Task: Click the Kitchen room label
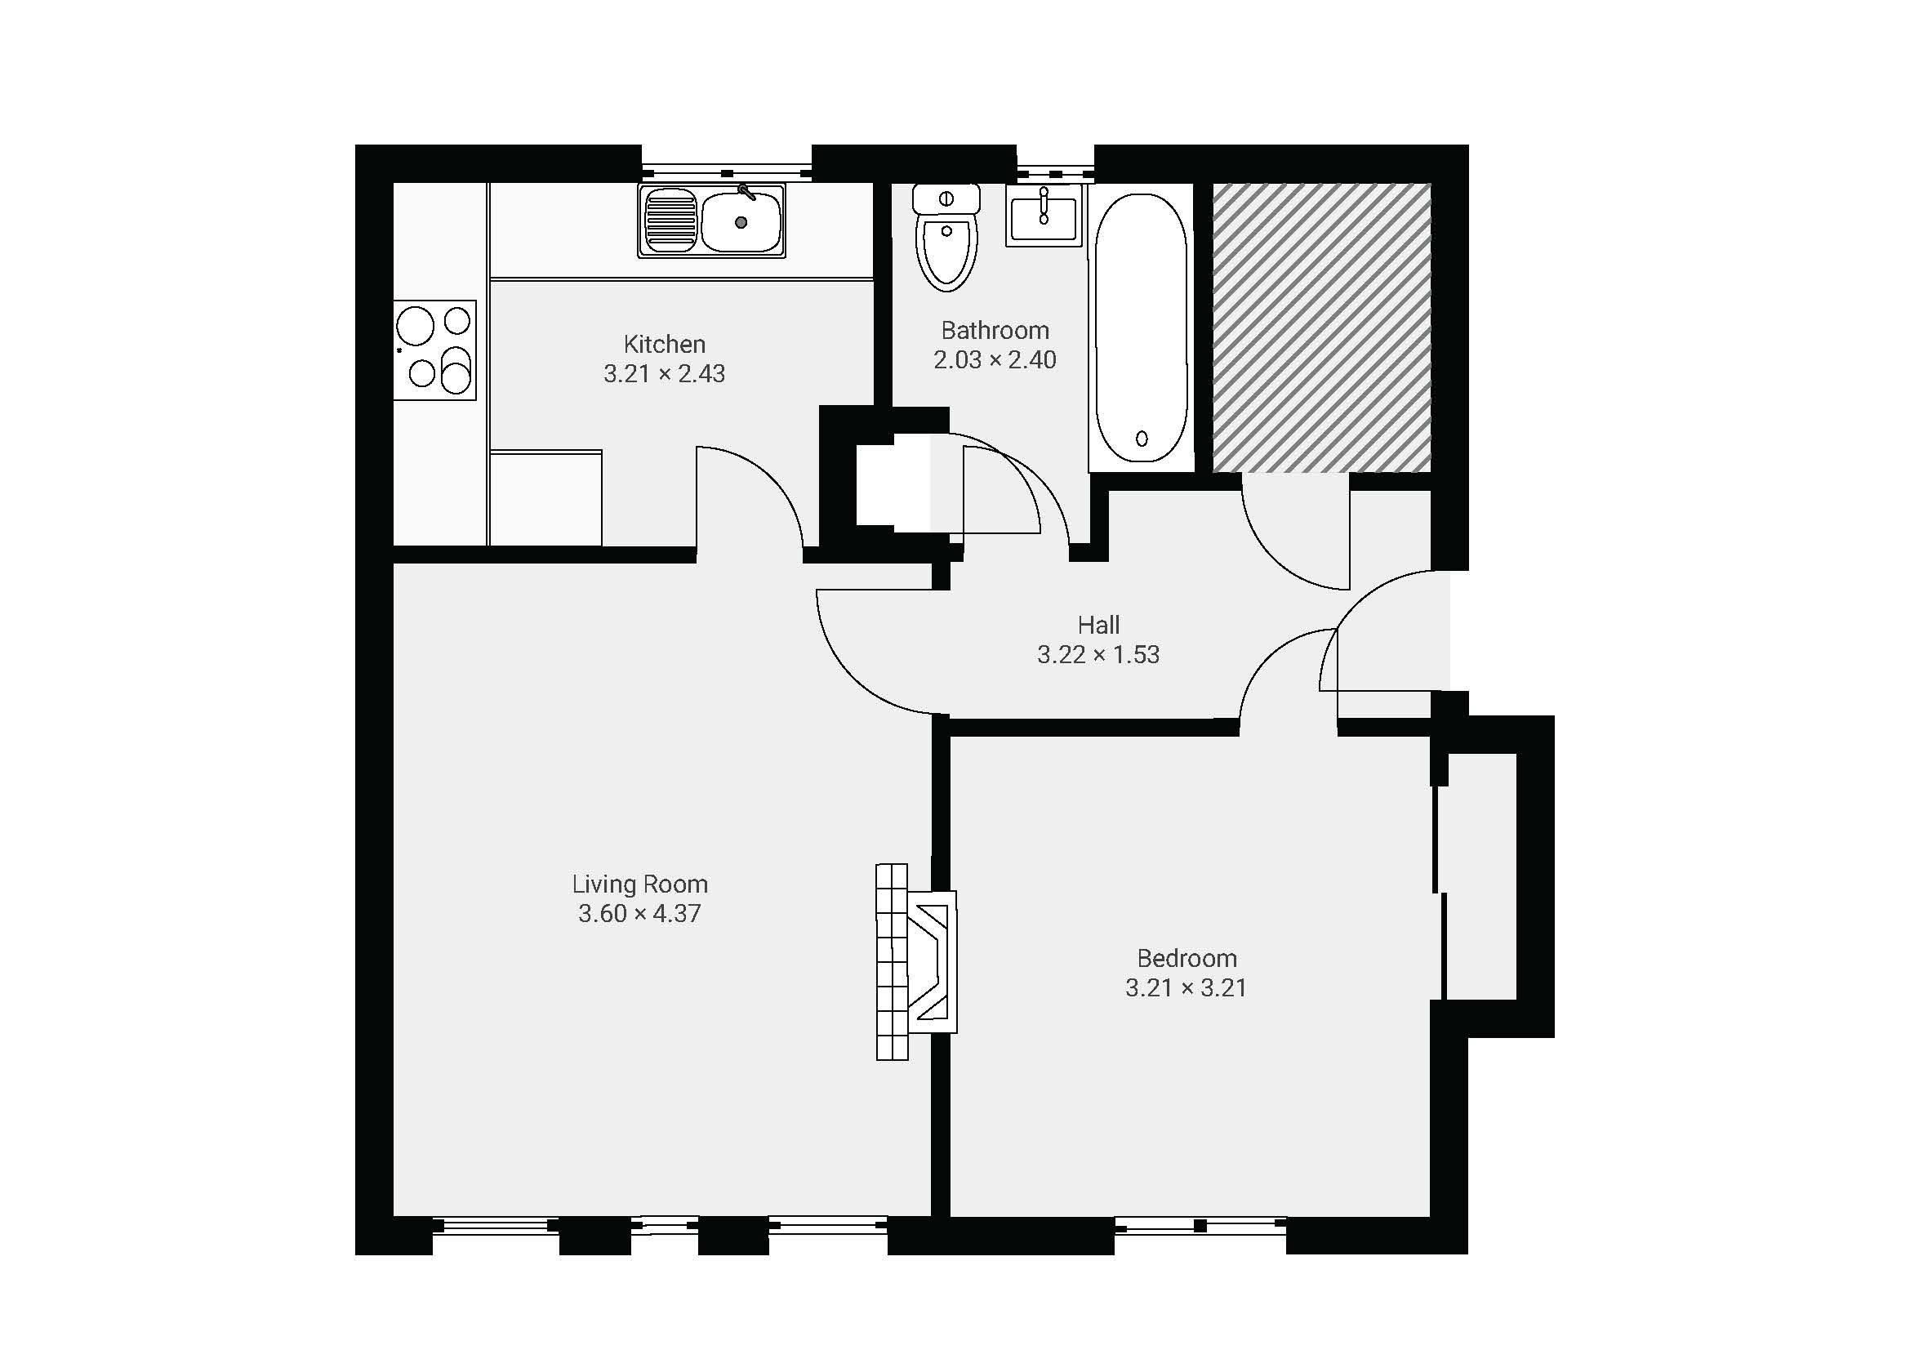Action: [x=664, y=344]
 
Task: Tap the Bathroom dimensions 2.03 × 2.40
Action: [x=994, y=359]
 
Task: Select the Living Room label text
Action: [x=639, y=884]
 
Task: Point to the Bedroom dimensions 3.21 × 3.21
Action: [x=1186, y=987]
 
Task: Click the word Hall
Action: [x=1098, y=625]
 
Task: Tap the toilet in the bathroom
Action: [x=946, y=237]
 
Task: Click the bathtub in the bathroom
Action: [x=1142, y=327]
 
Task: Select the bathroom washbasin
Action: [x=1044, y=216]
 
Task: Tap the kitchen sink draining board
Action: [x=670, y=221]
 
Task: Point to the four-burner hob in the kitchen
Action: [x=434, y=350]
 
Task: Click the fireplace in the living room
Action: [x=916, y=961]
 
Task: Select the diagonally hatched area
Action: [x=1321, y=327]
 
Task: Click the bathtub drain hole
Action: [x=1142, y=439]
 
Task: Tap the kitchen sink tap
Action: [x=746, y=193]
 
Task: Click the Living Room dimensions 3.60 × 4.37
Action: [x=639, y=913]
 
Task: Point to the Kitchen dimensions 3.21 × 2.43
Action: [x=664, y=373]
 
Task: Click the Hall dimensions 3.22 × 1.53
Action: [x=1098, y=655]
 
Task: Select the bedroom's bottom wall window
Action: [x=1200, y=1225]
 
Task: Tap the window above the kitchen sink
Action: [x=726, y=172]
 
